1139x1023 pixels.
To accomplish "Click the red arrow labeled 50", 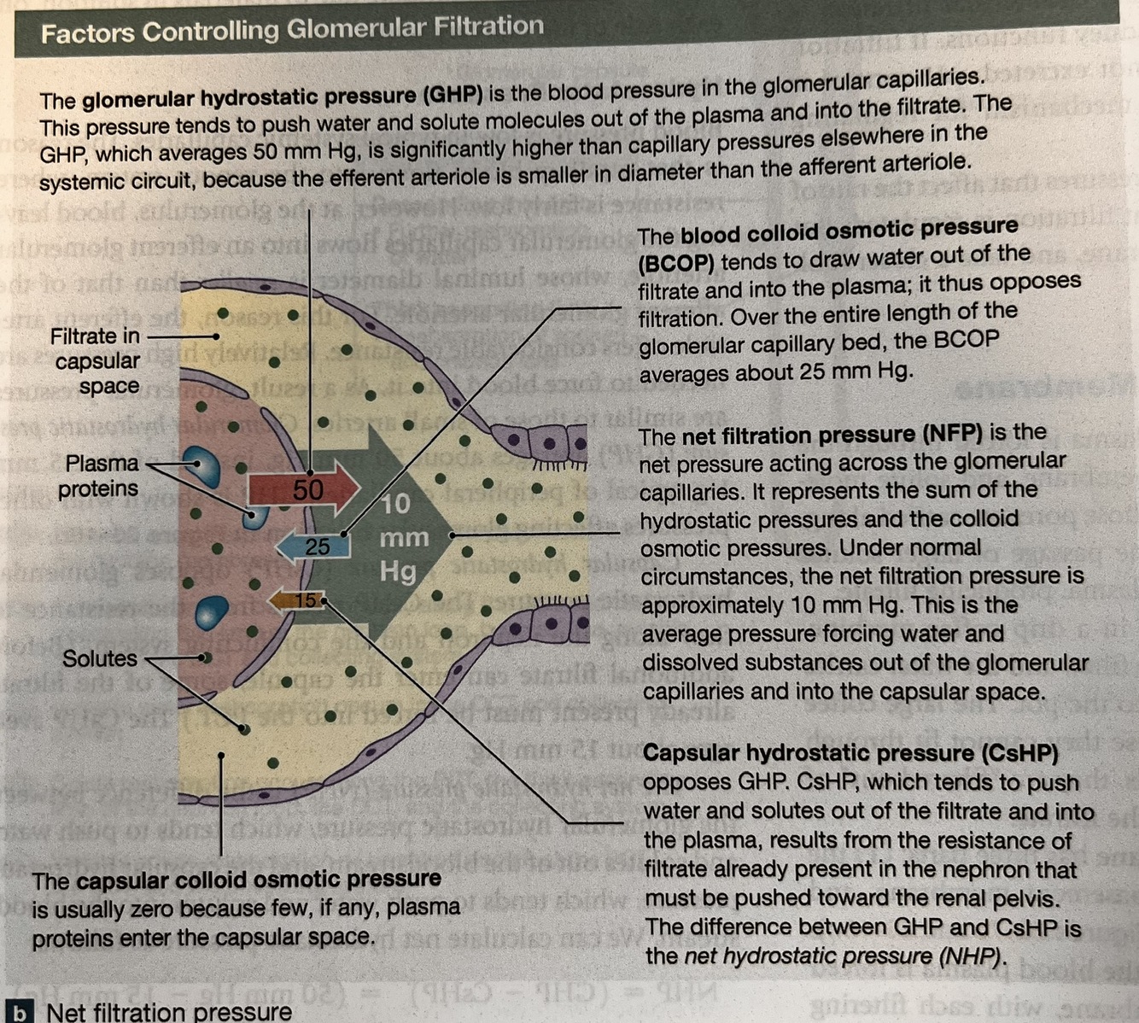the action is pyautogui.click(x=305, y=489).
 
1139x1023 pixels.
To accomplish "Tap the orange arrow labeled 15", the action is pyautogui.click(x=299, y=601).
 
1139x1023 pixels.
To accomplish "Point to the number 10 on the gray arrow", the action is pyautogui.click(x=395, y=504).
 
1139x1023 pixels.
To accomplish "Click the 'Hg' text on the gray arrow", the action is pyautogui.click(x=398, y=570).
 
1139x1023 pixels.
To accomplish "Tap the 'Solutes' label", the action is pyautogui.click(x=99, y=658).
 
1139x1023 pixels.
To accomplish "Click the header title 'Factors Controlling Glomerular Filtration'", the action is pyautogui.click(x=292, y=30).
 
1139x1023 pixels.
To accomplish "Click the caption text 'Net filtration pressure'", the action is pyautogui.click(x=169, y=1012).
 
